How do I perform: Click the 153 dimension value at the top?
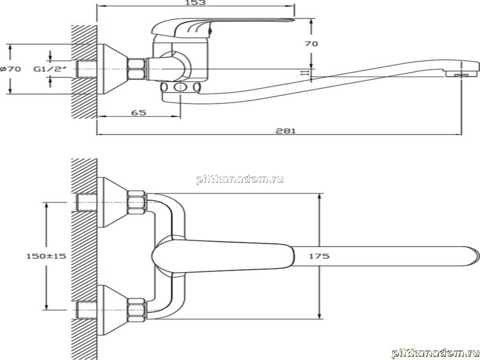[x=195, y=2]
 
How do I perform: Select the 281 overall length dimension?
[x=285, y=131]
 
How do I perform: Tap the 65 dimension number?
[x=139, y=112]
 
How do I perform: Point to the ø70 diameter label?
[x=11, y=69]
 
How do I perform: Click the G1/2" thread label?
[x=50, y=69]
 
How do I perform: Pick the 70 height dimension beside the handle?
[x=311, y=44]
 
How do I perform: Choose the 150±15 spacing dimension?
[x=46, y=256]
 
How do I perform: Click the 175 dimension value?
[x=319, y=256]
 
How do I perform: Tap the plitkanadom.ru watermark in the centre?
[x=240, y=180]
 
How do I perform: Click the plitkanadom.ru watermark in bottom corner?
[x=435, y=353]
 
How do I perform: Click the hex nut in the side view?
[x=136, y=69]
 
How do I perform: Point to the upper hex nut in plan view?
[x=136, y=202]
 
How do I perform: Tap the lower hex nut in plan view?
[x=136, y=310]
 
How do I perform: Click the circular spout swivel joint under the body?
[x=180, y=87]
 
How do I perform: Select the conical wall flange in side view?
[x=112, y=69]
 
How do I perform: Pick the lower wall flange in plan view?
[x=112, y=310]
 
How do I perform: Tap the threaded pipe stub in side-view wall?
[x=86, y=69]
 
